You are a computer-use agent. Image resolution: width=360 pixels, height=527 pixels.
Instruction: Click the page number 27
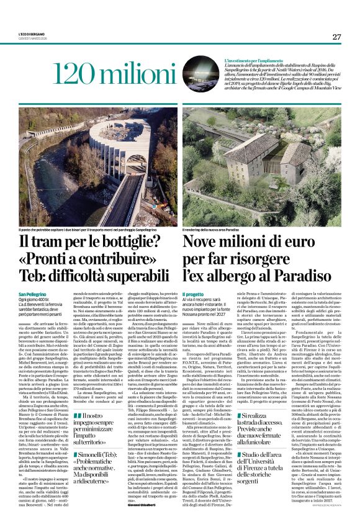point(336,37)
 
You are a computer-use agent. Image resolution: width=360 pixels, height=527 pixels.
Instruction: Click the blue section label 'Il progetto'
point(193,293)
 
